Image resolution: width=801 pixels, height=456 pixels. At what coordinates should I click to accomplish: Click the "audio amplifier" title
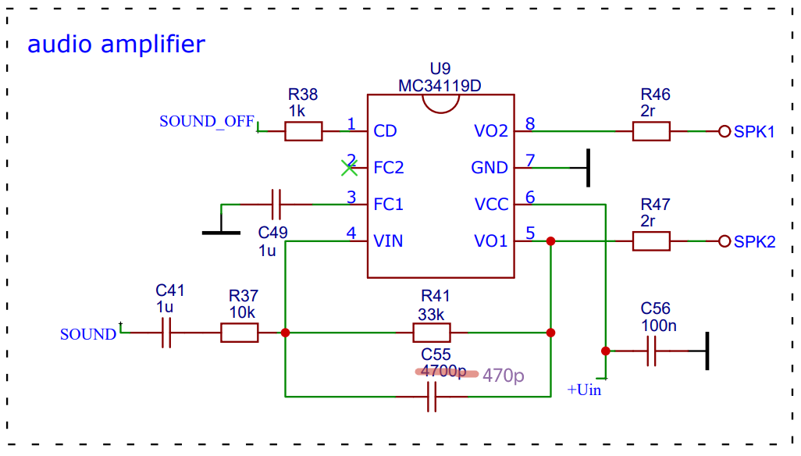116,44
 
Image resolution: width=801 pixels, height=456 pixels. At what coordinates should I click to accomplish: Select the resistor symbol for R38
304,131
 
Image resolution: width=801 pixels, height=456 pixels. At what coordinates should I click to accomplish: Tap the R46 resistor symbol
651,131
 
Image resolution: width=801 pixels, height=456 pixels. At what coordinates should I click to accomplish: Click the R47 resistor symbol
651,241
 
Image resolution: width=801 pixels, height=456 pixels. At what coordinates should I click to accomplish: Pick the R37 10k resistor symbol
240,333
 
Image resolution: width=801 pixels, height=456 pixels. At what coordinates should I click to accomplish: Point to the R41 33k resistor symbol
432,333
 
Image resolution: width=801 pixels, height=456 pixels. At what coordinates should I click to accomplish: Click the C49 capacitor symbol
276,205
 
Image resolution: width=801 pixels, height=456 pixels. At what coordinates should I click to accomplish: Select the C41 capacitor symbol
166,333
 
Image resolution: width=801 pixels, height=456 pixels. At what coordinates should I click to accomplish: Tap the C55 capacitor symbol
432,396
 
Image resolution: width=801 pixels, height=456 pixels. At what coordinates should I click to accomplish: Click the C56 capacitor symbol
651,351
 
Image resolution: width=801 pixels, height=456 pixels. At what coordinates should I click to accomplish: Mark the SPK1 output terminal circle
724,131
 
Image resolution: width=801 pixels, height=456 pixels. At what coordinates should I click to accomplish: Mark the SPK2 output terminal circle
724,241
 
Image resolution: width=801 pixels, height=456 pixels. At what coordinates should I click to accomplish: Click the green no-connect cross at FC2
350,168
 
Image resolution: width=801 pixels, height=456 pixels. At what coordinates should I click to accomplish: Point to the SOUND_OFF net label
206,122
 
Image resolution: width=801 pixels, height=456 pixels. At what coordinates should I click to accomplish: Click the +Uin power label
584,390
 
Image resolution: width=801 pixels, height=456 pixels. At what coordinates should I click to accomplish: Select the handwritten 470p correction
504,376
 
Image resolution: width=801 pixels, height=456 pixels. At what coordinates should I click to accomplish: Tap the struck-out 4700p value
443,371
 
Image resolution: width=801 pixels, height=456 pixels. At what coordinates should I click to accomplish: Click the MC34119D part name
440,86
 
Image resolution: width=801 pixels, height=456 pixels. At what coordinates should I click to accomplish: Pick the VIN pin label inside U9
388,241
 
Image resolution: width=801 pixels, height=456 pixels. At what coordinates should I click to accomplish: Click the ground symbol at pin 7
588,168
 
